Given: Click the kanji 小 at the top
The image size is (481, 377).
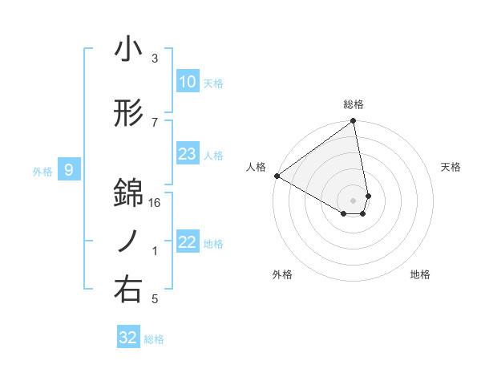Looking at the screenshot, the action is pos(128,51).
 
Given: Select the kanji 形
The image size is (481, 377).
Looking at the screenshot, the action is pos(128,114).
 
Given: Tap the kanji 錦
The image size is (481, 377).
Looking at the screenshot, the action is pos(128,192).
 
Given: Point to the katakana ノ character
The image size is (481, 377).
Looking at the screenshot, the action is pos(128,241).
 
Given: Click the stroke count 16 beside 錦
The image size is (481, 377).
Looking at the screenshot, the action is pos(155,204).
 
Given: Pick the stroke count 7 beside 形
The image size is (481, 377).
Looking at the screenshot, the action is pos(155,122).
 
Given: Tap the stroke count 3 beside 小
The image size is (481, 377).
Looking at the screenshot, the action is pos(155,59).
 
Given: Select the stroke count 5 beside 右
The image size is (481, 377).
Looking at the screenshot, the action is pos(155,299).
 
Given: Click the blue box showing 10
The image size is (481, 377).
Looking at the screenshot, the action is pos(188,81).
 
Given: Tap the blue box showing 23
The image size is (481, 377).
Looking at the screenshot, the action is pos(188,154).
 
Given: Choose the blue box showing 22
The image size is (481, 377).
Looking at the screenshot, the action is pos(188,242).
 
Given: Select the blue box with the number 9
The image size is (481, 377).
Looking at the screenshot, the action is pos(70,169).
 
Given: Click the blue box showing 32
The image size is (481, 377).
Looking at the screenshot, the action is pos(128,338).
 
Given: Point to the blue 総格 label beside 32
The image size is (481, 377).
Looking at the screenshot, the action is pos(155,339).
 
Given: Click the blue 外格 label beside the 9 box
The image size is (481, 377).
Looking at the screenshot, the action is pos(42,171).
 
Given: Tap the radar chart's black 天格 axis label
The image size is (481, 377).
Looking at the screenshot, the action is pos(451,167).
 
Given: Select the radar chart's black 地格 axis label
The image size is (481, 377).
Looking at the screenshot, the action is pos(420,274).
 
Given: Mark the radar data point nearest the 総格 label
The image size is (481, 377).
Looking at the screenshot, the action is pos(354,122).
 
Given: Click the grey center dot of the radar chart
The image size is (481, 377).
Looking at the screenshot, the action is pos(354,199).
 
